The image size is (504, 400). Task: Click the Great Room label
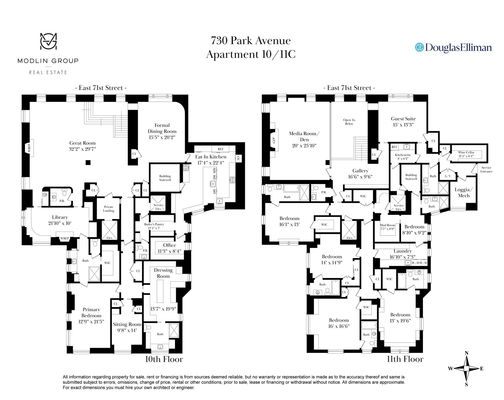(82, 143)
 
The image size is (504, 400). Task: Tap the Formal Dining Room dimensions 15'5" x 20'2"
(162, 137)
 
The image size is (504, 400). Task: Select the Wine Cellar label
(466, 152)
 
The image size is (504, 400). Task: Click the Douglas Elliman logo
(453, 47)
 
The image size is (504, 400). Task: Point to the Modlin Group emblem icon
(48, 41)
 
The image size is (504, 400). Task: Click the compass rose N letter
(467, 353)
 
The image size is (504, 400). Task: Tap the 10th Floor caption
(164, 359)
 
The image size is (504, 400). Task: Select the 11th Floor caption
(405, 359)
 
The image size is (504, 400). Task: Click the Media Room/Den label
(304, 136)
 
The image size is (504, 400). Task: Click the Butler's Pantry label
(154, 224)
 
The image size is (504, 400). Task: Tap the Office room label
(170, 245)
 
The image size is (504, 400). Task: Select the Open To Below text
(349, 122)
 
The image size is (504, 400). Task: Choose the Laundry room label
(402, 251)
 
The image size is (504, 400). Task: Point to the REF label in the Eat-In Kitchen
(220, 149)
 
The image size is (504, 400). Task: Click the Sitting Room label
(127, 324)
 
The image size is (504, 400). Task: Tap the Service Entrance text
(486, 169)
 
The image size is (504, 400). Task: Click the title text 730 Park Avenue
(251, 41)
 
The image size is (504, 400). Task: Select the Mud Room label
(387, 225)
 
